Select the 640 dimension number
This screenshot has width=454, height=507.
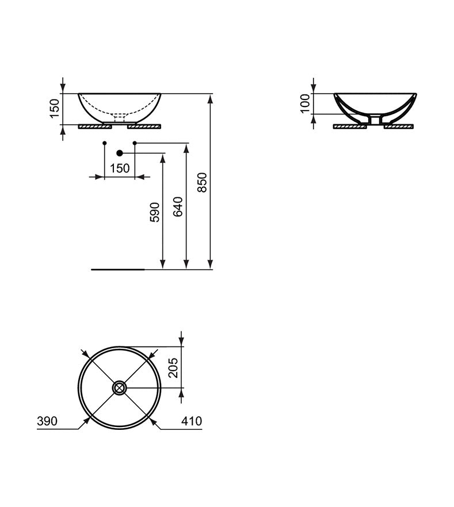tap(178, 205)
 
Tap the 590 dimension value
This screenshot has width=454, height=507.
tap(155, 211)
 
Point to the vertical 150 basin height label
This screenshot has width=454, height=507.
tap(54, 108)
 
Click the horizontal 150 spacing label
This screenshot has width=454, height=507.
tap(120, 168)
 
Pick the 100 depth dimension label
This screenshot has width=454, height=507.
tap(305, 104)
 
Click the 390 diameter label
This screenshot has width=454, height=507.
tap(47, 421)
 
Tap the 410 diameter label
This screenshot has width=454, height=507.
tap(192, 421)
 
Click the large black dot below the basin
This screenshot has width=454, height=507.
tap(120, 153)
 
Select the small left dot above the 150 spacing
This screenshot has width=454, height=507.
tap(104, 142)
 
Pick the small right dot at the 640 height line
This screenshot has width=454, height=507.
tap(135, 142)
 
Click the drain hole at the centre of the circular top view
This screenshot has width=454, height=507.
tap(120, 388)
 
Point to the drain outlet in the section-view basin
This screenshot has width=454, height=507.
tap(375, 119)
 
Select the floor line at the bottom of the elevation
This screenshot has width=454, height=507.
tap(118, 269)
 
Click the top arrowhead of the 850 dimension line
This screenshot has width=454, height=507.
tap(210, 97)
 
